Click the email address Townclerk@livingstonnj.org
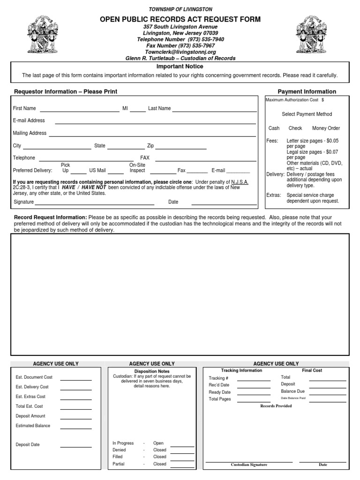180,52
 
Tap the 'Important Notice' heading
180,67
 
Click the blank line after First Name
80,111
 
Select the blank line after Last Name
214,111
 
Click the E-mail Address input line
156,123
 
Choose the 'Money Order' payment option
326,128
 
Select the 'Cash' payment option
274,128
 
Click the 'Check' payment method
295,128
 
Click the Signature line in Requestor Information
94,204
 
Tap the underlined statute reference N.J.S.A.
240,182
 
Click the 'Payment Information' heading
307,91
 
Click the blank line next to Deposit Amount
75,418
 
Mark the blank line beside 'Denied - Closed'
182,452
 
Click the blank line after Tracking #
254,380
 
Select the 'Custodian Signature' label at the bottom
249,465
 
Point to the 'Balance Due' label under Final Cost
292,391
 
